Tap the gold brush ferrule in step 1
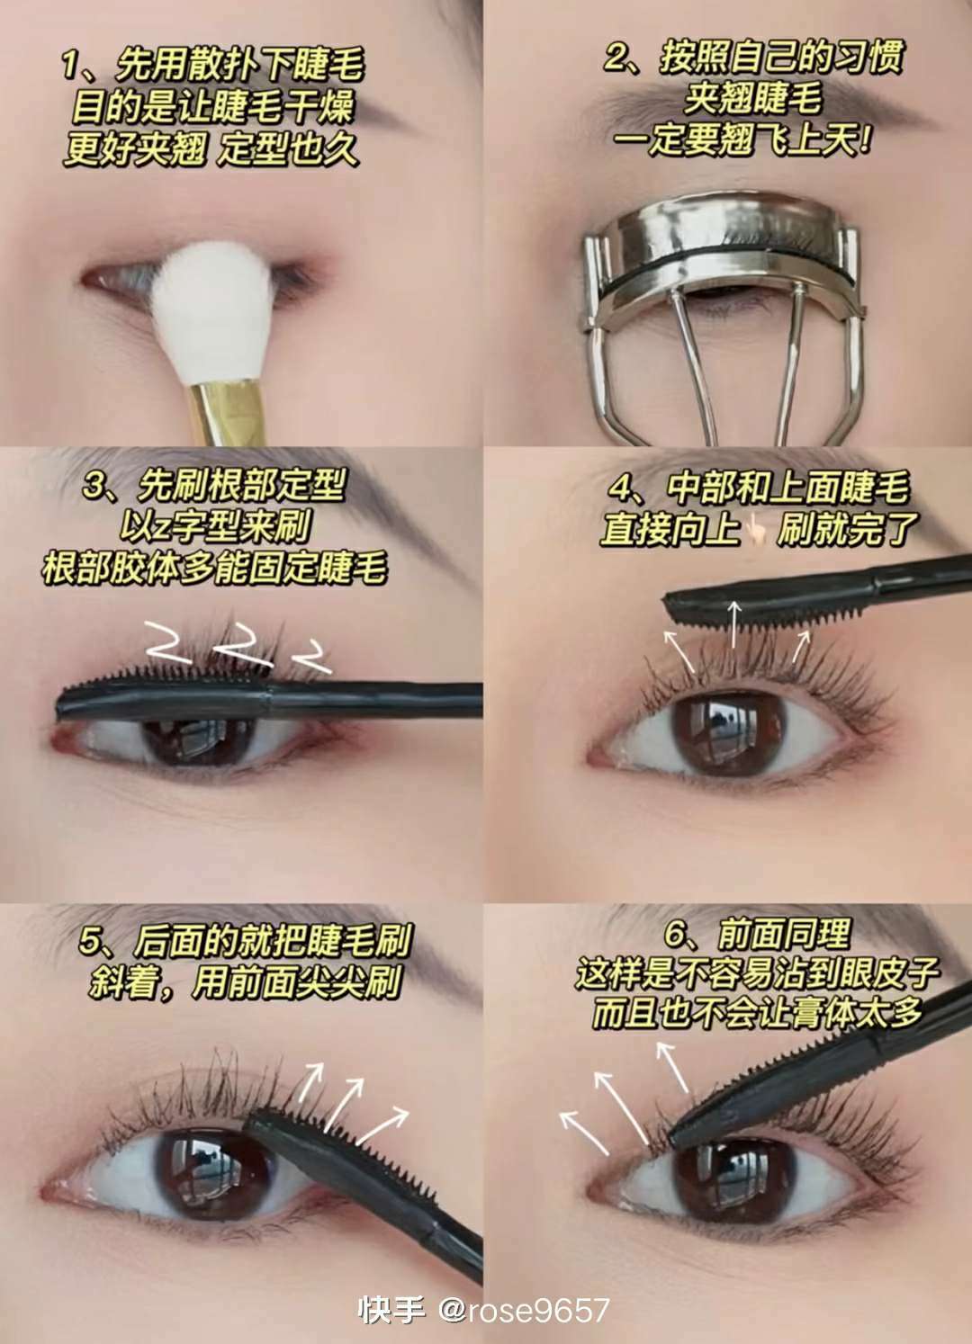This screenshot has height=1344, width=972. pyautogui.click(x=227, y=415)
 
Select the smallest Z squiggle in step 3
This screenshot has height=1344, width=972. pyautogui.click(x=311, y=657)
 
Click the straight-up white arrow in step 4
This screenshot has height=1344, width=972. pyautogui.click(x=733, y=625)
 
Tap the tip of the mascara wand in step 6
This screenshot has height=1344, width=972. pyautogui.click(x=670, y=1143)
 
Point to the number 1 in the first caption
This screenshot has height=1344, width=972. pyautogui.click(x=71, y=67)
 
